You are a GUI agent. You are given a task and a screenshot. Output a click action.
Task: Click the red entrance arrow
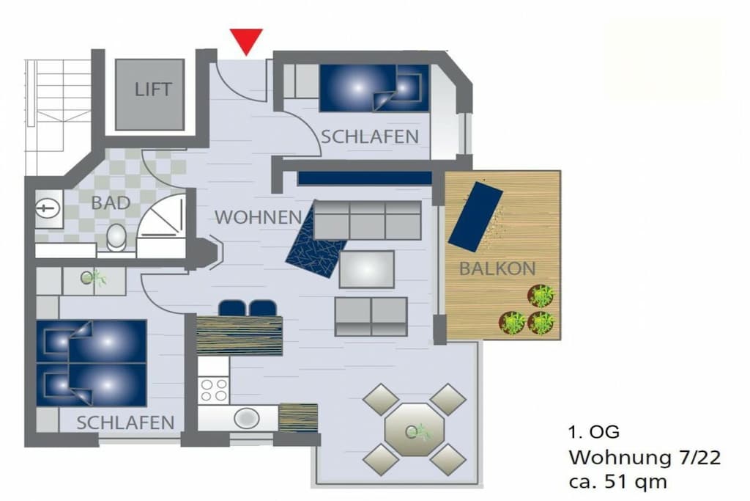click(246, 40)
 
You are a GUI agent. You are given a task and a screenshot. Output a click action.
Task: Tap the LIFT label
click(152, 89)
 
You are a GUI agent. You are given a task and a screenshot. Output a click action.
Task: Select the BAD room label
click(111, 203)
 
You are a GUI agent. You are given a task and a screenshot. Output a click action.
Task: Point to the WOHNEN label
click(259, 217)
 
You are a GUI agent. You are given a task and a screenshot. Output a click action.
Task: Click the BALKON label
click(497, 268)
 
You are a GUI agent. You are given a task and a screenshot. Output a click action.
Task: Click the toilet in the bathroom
click(116, 238)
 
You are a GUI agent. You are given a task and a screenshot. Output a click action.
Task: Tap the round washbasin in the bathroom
click(48, 208)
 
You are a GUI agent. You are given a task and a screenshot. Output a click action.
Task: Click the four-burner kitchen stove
click(213, 390)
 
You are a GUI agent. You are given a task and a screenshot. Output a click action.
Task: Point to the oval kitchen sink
click(246, 418)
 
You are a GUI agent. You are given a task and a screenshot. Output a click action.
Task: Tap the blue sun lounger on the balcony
click(475, 216)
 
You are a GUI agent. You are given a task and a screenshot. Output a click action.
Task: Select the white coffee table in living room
click(367, 269)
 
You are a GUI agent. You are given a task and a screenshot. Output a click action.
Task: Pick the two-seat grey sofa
click(371, 317)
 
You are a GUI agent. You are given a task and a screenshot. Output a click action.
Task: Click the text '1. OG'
click(593, 433)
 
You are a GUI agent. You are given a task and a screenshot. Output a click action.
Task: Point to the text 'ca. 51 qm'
click(617, 481)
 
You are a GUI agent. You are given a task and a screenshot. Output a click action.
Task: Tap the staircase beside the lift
click(58, 117)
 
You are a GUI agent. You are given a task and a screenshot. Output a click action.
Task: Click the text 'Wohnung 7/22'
click(645, 458)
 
